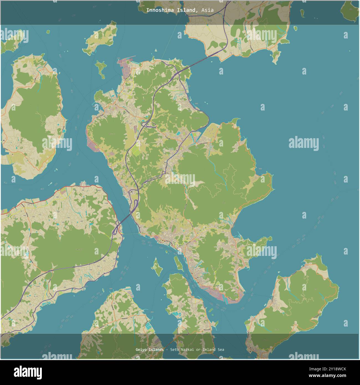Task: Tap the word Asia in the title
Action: coord(207,10)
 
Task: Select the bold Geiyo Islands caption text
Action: coord(150,350)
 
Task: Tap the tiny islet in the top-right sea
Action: coord(295,28)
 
